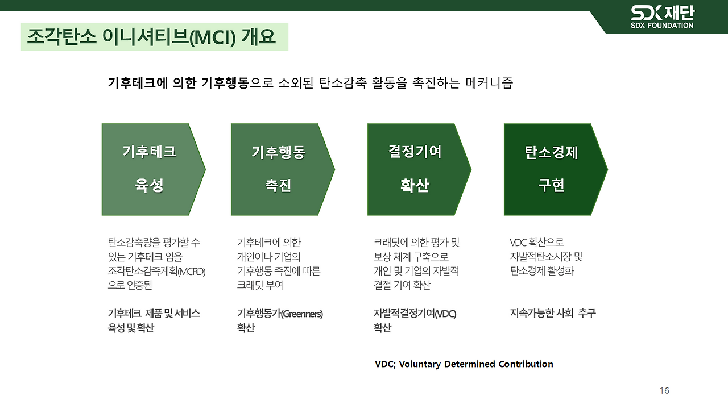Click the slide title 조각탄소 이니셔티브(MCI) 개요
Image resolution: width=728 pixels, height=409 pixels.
(x=151, y=37)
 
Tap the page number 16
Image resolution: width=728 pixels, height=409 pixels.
(x=664, y=390)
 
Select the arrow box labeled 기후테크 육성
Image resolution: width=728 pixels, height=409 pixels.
(x=150, y=169)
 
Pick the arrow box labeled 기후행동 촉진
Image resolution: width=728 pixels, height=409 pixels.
(x=279, y=169)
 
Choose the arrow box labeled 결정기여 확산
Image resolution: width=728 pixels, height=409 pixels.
(x=415, y=169)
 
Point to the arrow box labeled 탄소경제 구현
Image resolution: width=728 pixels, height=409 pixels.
(x=552, y=169)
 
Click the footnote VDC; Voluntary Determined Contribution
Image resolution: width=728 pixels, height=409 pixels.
(x=464, y=364)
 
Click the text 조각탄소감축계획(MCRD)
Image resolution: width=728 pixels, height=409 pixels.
(x=156, y=271)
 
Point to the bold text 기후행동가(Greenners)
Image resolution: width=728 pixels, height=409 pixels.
(x=280, y=313)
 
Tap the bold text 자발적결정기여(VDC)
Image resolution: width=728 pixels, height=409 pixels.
(x=415, y=313)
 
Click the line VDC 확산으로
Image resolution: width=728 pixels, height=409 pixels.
(x=537, y=243)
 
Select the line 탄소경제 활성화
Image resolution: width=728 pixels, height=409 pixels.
(x=542, y=271)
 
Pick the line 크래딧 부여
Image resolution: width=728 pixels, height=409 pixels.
(x=260, y=285)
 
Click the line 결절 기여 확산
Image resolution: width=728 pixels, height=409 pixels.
(x=402, y=285)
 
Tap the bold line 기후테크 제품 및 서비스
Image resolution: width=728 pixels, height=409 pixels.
(x=154, y=313)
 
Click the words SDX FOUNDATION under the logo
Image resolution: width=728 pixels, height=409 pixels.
(x=662, y=26)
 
